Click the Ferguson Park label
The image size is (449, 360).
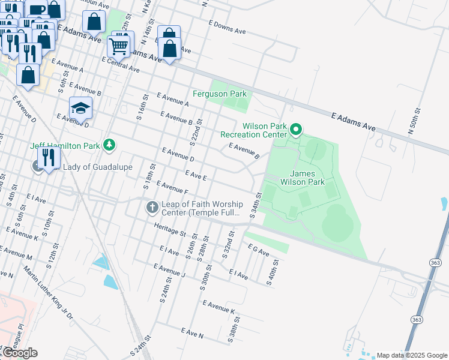tap(220, 94)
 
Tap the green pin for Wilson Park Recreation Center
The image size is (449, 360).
tap(295, 129)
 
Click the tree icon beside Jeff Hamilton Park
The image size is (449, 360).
tap(109, 145)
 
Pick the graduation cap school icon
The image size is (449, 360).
tap(80, 108)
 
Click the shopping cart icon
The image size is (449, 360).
tap(119, 45)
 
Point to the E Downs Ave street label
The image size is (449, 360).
tap(228, 27)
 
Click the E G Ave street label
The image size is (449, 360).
tap(259, 250)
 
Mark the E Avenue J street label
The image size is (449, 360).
tap(170, 271)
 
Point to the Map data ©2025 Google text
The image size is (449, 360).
tap(412, 355)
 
